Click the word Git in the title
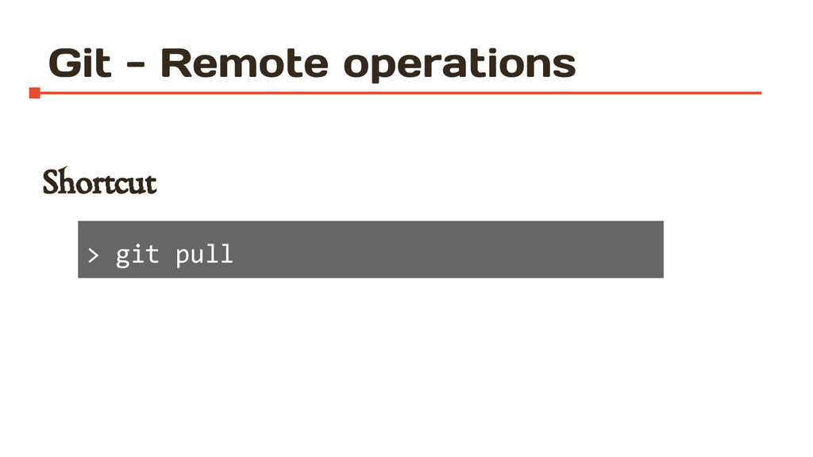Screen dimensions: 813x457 (x=79, y=63)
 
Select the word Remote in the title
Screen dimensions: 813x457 (x=245, y=63)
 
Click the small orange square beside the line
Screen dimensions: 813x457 (x=34, y=94)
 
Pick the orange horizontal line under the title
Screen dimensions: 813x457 (x=397, y=93)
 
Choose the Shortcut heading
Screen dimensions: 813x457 (x=99, y=182)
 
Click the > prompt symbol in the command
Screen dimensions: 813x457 (x=93, y=255)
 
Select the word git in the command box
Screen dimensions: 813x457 (x=137, y=255)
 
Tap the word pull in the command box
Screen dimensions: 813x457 (x=204, y=255)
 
